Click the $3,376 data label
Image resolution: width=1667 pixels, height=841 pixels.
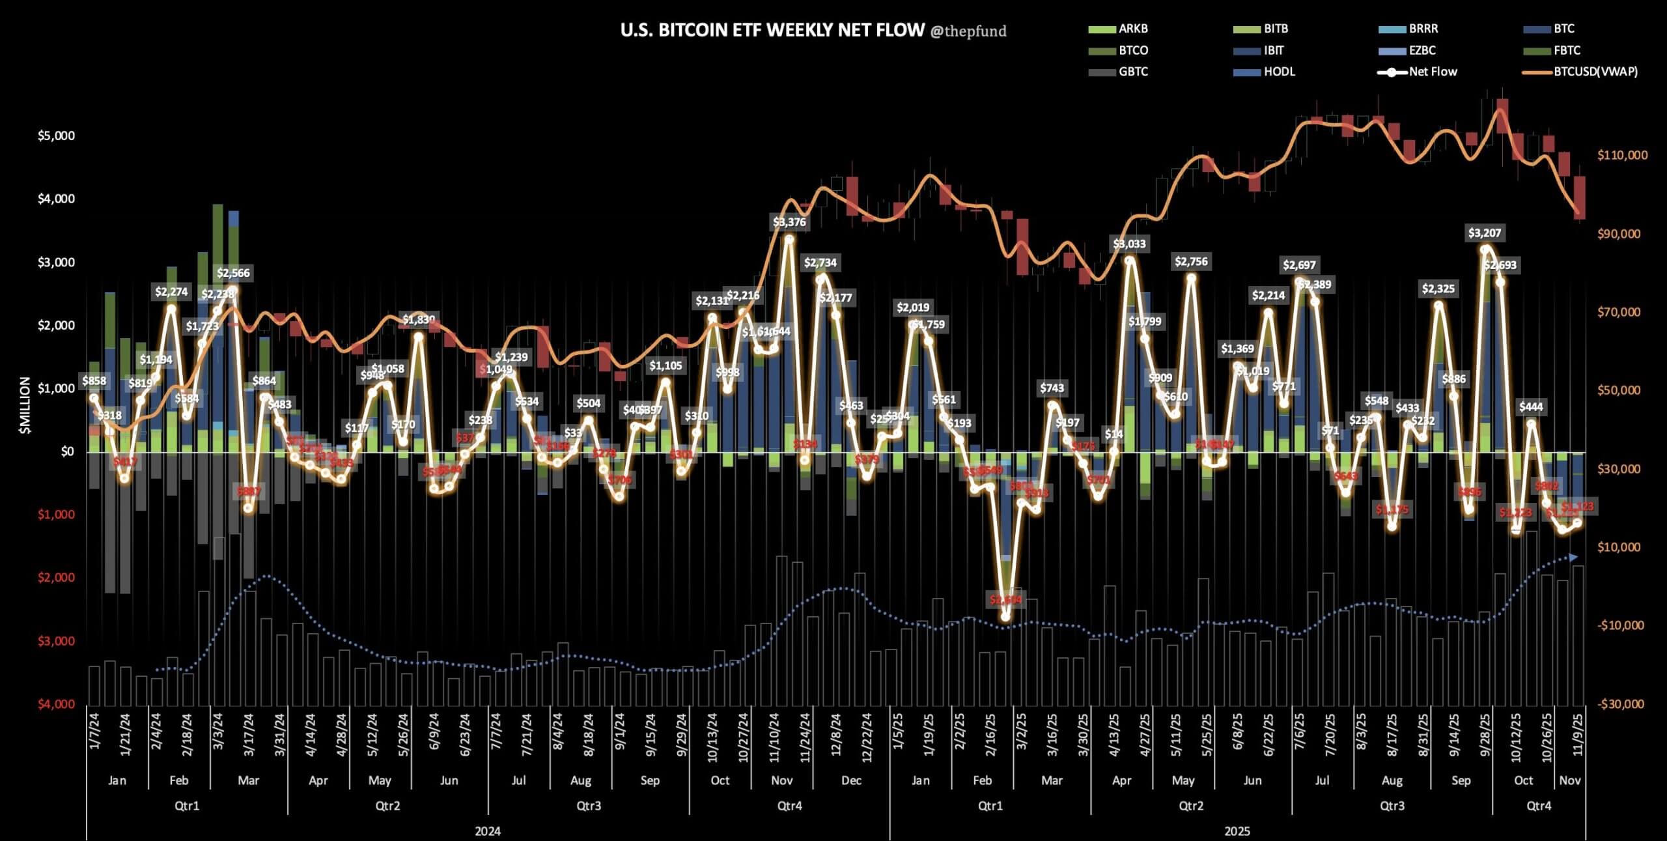coord(789,222)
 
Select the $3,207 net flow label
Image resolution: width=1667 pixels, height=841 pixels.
coord(1485,233)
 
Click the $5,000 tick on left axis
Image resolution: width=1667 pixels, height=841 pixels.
coord(56,136)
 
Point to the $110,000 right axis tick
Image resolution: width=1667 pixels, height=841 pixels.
coord(1622,155)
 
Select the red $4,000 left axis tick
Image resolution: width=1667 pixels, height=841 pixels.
coord(56,704)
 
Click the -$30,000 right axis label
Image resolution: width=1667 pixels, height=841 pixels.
coord(1621,704)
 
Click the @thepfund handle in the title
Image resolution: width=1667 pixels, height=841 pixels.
coord(968,31)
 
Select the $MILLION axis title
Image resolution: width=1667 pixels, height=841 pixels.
coord(25,405)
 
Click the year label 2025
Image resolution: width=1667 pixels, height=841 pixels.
coord(1237,831)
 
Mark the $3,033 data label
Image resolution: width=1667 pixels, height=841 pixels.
coord(1129,244)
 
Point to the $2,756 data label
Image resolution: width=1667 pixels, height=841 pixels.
coord(1191,261)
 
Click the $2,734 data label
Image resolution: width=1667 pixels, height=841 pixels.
coord(820,263)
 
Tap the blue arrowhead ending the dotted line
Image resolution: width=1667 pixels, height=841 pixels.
coord(1573,557)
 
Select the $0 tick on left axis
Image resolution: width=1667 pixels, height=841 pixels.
coord(67,451)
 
